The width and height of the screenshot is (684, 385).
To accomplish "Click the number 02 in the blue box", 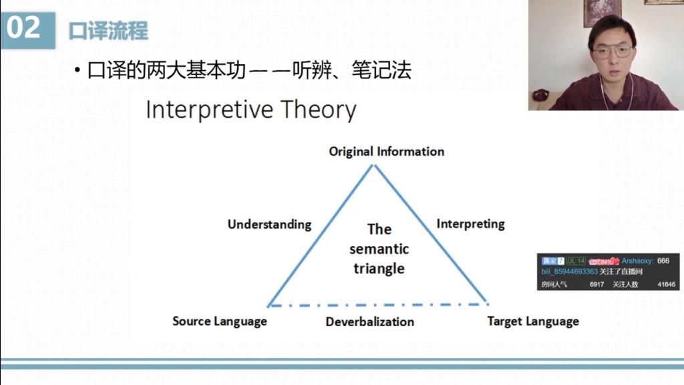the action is click(x=23, y=27).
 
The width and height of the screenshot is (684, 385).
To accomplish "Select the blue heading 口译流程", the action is click(x=108, y=31).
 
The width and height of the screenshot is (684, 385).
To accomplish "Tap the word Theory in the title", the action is click(x=319, y=110).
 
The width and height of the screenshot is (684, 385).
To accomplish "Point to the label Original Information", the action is click(x=387, y=152).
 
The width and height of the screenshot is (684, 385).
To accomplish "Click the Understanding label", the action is click(x=270, y=225).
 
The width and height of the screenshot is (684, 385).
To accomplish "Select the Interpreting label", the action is click(x=471, y=224).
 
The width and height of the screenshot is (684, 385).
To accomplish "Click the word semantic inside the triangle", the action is click(x=379, y=249).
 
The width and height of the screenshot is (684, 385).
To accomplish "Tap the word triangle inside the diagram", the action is click(x=379, y=269).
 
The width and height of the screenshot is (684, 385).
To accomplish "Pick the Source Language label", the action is click(x=219, y=322).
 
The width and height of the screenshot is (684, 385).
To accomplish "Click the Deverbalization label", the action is click(x=370, y=322).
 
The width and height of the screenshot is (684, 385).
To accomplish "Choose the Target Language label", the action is click(x=533, y=322).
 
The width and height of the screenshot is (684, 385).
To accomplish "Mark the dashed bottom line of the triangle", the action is click(x=378, y=305).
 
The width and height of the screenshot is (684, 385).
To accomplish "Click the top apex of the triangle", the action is click(x=374, y=165).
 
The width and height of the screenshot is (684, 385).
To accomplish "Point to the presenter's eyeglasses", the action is click(x=612, y=51).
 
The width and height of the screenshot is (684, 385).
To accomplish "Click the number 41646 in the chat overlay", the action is click(x=666, y=284).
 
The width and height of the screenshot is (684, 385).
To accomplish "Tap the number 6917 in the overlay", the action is click(x=596, y=284).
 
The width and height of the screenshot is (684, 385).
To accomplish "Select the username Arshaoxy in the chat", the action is click(x=637, y=261).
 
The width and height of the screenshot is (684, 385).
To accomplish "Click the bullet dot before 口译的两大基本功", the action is click(x=77, y=70).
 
